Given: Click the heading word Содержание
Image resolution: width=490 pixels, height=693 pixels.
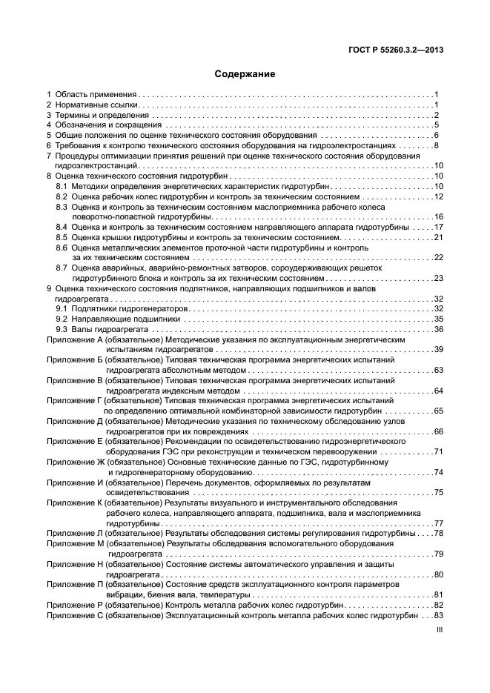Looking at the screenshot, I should [x=245, y=74].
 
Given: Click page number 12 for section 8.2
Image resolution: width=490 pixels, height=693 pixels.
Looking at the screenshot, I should [x=438, y=196].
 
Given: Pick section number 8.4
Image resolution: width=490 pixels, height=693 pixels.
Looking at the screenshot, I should [x=62, y=227].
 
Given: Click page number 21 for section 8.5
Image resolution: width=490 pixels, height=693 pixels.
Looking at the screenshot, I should [x=438, y=237].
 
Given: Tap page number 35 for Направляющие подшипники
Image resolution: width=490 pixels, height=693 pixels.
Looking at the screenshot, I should [x=438, y=319].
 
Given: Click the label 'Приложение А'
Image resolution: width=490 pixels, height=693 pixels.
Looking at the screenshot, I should [x=74, y=339].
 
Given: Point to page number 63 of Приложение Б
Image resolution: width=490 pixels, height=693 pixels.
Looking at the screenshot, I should [x=438, y=370].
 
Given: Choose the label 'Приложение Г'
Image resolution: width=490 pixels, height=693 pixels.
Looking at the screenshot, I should [x=74, y=400].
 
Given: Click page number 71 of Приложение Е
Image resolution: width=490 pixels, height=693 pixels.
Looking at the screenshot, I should [x=438, y=451].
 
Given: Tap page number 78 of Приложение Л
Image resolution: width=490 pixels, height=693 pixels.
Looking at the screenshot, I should [x=438, y=533].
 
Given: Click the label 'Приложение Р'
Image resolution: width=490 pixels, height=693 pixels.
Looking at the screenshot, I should [x=74, y=605].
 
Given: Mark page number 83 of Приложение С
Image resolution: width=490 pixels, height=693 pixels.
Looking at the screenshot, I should [x=438, y=615].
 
